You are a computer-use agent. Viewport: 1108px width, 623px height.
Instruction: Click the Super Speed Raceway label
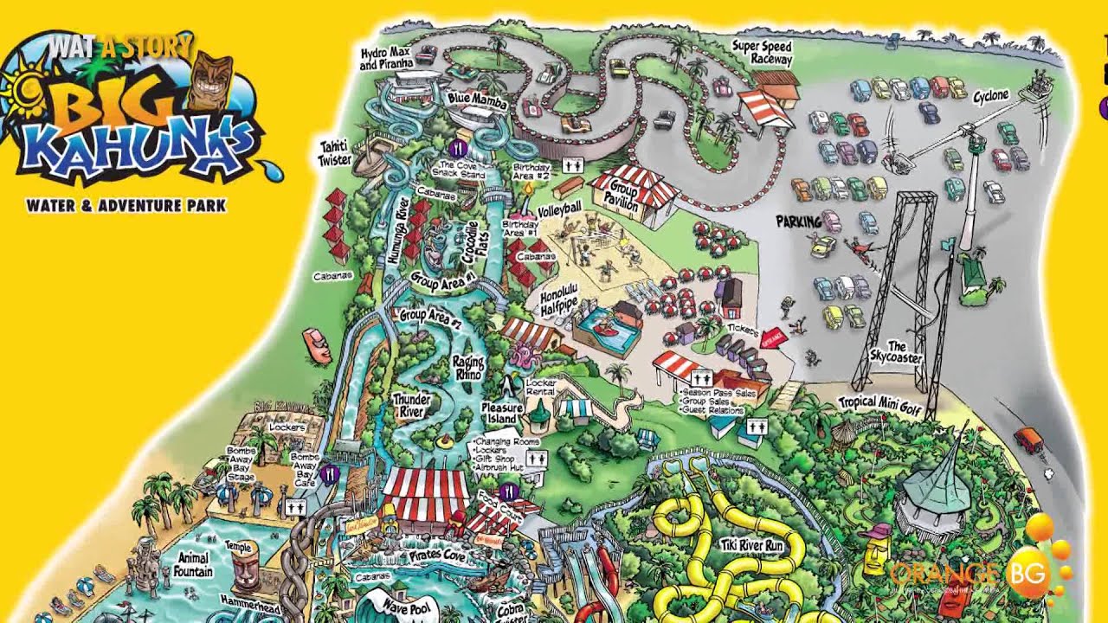(761, 52)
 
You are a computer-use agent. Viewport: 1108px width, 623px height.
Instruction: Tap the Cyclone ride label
(990, 95)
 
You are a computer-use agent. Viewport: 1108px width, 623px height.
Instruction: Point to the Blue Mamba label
(476, 100)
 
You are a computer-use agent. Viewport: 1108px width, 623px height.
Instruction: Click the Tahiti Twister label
(335, 154)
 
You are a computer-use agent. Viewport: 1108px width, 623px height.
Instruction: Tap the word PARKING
(798, 222)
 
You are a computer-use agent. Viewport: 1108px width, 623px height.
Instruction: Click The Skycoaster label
(897, 352)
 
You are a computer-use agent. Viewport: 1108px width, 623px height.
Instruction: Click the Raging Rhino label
(467, 368)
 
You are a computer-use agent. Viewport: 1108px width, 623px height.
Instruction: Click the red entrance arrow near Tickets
(773, 338)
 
